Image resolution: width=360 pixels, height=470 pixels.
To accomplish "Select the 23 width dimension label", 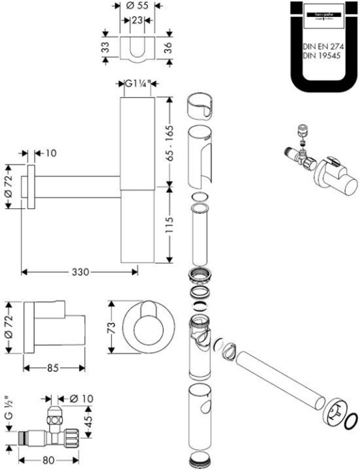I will (x=137, y=20).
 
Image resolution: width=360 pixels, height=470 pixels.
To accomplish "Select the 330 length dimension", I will (x=81, y=272).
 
